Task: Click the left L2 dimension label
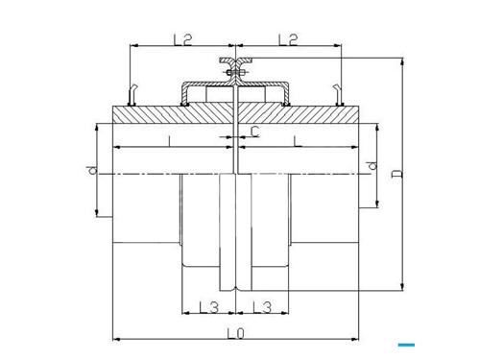tap(182, 39)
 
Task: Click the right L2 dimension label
tap(288, 39)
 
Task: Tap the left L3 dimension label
tap(209, 307)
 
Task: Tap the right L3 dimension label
tap(262, 307)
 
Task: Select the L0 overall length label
tap(235, 333)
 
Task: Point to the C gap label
tap(255, 132)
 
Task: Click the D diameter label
tap(397, 174)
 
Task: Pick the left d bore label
tap(92, 170)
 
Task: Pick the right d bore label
tap(372, 165)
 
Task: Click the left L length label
tap(170, 141)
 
